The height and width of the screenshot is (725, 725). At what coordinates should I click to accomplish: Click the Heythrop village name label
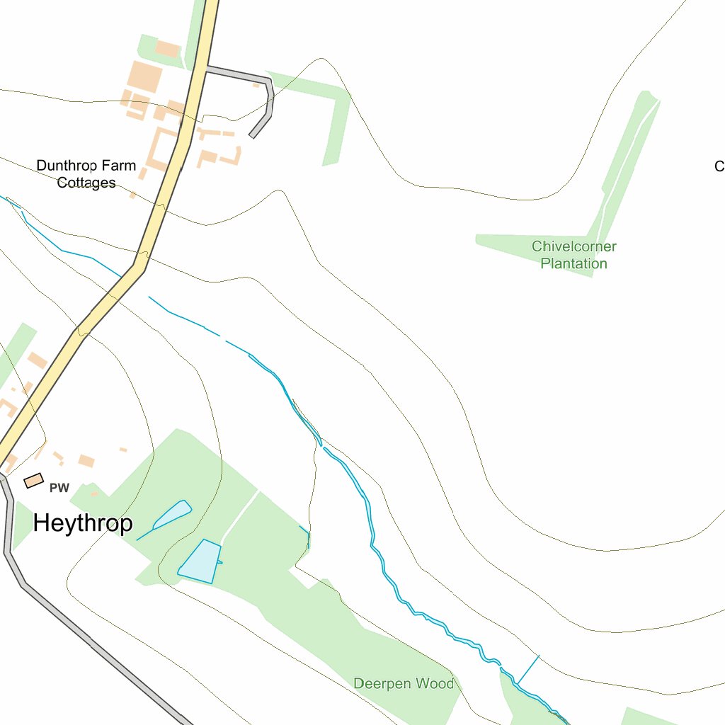coord(83,523)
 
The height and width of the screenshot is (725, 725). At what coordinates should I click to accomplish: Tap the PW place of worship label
coord(59,488)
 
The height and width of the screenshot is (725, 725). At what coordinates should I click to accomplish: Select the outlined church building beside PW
coord(33,481)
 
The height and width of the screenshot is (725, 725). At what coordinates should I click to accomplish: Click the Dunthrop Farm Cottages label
coord(86,174)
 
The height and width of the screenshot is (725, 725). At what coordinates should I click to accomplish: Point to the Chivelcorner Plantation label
coord(573,255)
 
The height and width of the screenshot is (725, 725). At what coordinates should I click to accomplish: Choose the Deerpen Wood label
coord(404,683)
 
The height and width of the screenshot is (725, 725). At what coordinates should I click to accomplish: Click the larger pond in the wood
coord(200,561)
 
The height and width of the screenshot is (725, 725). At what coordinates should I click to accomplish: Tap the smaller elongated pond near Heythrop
coord(172,515)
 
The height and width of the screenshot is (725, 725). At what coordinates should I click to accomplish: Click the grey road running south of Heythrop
coord(85,637)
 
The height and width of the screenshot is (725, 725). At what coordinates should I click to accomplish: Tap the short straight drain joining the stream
coord(527,669)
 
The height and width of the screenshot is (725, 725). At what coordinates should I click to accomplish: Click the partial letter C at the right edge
coord(719,166)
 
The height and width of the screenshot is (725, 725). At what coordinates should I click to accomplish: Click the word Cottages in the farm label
coord(86,183)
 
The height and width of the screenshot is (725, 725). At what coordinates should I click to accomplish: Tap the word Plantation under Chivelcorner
coord(573,263)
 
